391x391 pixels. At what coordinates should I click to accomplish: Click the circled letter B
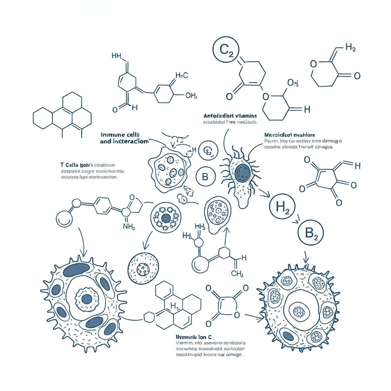(x=205, y=177)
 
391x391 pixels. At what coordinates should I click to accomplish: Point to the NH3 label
(x=129, y=226)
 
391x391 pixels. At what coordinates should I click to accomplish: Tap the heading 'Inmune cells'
(x=120, y=134)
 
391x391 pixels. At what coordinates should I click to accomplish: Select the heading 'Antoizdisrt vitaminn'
(x=230, y=115)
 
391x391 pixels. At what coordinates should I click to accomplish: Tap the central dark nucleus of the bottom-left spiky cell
(x=87, y=299)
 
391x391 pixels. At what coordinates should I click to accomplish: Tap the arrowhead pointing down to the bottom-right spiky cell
(x=305, y=259)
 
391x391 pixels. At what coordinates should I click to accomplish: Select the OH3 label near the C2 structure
(x=292, y=83)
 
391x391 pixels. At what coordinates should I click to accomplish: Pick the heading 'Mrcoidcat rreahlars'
(x=289, y=135)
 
